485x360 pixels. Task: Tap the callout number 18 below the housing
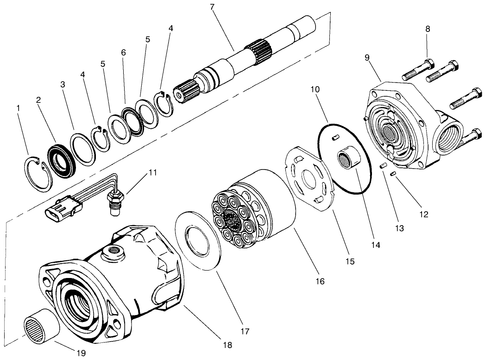pyautogui.click(x=227, y=345)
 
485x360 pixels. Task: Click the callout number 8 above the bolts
pyautogui.click(x=427, y=29)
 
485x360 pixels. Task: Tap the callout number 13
pyautogui.click(x=400, y=228)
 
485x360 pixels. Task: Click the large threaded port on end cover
pyautogui.click(x=452, y=139)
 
